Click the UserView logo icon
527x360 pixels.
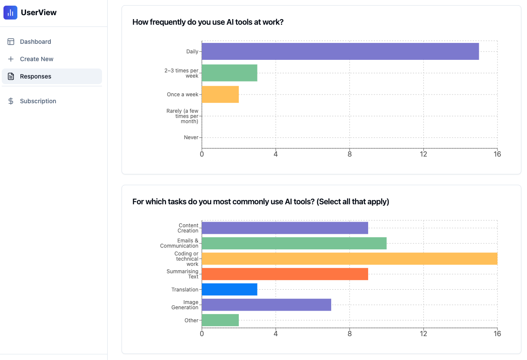pos(10,13)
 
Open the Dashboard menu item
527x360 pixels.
pos(35,42)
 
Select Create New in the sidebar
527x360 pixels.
pos(36,59)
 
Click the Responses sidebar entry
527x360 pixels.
pos(35,76)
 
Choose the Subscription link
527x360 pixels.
pos(38,101)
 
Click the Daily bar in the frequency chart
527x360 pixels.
pos(340,51)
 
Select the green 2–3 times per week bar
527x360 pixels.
pos(229,73)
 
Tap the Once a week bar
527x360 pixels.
pos(220,95)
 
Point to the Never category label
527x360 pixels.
pos(191,137)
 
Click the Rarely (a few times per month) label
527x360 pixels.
pos(182,116)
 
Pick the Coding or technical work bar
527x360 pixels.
pos(349,259)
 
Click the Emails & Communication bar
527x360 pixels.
pos(294,243)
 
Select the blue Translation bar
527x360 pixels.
pos(229,289)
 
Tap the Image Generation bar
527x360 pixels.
pos(266,305)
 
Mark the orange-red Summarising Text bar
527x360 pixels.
pos(285,274)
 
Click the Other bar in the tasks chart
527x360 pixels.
pos(220,320)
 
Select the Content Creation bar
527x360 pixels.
pos(285,228)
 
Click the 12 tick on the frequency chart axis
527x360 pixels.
pos(423,154)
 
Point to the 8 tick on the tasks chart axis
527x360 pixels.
pos(349,334)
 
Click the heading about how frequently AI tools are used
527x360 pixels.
pos(208,22)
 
